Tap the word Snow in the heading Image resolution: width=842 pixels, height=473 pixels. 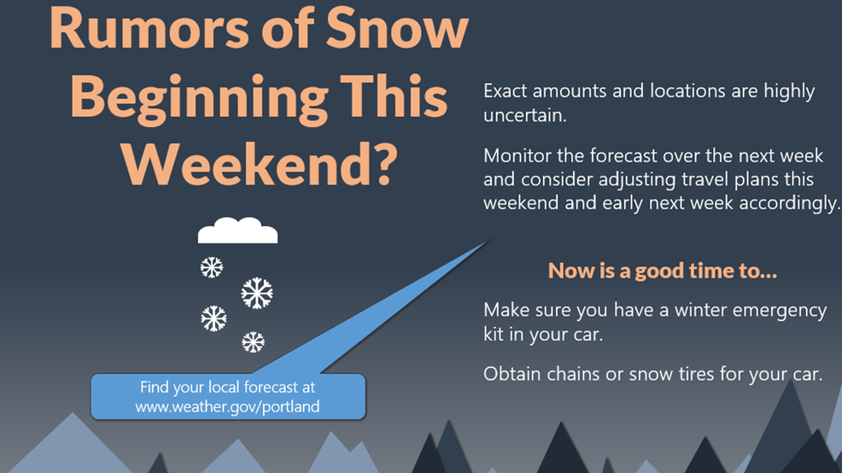(397, 28)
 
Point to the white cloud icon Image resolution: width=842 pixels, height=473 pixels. (238, 231)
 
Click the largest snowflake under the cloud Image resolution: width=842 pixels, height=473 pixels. (257, 293)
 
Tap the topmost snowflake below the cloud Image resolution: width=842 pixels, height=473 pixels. (212, 267)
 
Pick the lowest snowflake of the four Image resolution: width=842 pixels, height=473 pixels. (253, 342)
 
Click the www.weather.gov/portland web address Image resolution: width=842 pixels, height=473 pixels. (227, 406)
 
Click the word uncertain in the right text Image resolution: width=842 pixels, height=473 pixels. (524, 115)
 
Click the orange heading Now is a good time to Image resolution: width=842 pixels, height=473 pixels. (663, 271)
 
